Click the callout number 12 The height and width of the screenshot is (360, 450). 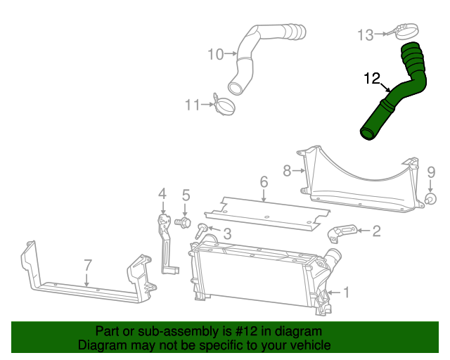click(372, 79)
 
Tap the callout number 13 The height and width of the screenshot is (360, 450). click(366, 34)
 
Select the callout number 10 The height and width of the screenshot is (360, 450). click(215, 53)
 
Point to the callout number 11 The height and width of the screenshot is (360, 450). click(193, 105)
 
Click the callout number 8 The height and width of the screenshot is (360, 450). click(287, 170)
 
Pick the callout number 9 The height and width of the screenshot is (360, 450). click(432, 172)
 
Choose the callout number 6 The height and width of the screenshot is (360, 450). click(264, 183)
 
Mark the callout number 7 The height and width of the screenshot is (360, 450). click(88, 265)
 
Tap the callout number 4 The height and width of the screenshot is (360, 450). click(162, 194)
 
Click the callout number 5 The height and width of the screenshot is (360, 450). click(186, 195)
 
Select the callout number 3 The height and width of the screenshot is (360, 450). click(227, 233)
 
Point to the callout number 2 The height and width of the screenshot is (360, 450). click(377, 230)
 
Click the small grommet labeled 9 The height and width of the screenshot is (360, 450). click(428, 200)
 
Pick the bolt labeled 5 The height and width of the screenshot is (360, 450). click(184, 223)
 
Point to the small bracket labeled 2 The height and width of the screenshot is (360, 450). click(343, 233)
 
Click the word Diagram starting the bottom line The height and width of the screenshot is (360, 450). click(101, 345)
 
